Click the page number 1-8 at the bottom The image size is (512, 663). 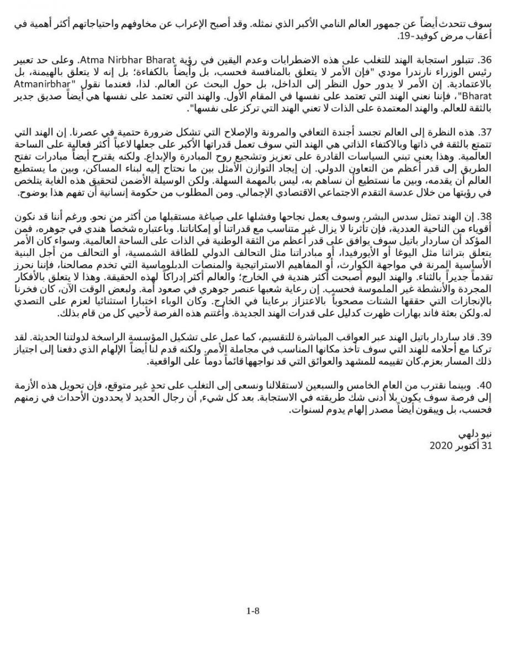point(253,611)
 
